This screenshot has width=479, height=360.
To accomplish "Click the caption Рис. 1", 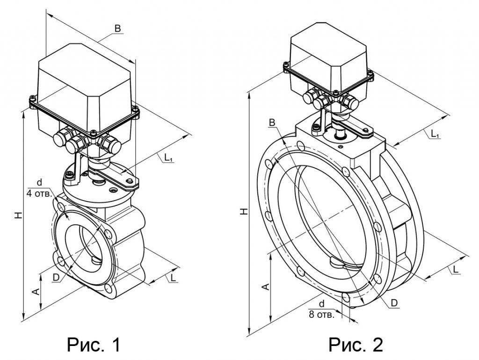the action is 94,345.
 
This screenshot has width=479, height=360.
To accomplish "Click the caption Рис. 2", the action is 356,345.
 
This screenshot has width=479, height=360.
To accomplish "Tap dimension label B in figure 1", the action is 117,29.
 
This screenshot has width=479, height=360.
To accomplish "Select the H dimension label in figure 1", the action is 19,215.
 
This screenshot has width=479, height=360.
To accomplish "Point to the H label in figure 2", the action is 244,211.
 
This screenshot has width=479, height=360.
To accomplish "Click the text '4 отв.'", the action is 39,194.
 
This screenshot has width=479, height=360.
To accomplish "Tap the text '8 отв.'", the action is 322,314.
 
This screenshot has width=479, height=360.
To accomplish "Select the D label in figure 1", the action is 56,277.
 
